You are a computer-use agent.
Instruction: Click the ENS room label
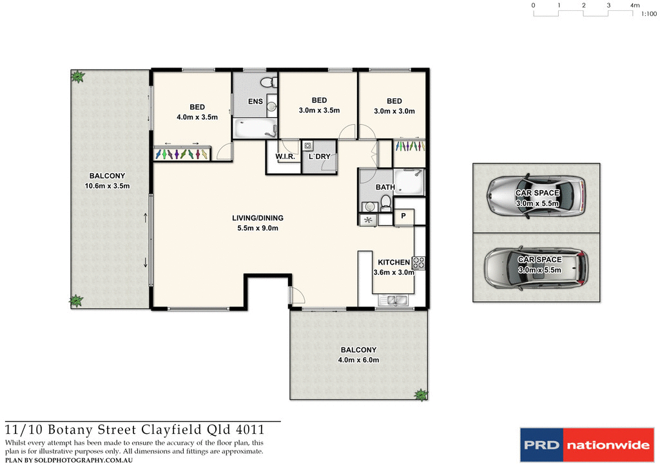pyautogui.click(x=255, y=101)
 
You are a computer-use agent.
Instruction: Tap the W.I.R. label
pyautogui.click(x=285, y=157)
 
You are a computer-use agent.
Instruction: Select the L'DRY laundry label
pyautogui.click(x=319, y=157)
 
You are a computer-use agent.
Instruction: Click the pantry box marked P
pyautogui.click(x=403, y=217)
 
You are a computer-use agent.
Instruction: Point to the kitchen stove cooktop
pyautogui.click(x=418, y=263)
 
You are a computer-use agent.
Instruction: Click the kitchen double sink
pyautogui.click(x=394, y=300)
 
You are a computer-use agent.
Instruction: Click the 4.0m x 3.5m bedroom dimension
pyautogui.click(x=197, y=117)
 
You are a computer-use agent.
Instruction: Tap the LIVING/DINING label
pyautogui.click(x=258, y=218)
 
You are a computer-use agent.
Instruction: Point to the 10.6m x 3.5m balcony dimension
pyautogui.click(x=108, y=186)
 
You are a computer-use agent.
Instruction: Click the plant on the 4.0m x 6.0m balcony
pyautogui.click(x=420, y=395)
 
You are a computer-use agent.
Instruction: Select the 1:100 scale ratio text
pyautogui.click(x=648, y=13)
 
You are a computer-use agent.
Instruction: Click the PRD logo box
pyautogui.click(x=541, y=445)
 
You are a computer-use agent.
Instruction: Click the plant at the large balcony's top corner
pyautogui.click(x=78, y=77)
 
